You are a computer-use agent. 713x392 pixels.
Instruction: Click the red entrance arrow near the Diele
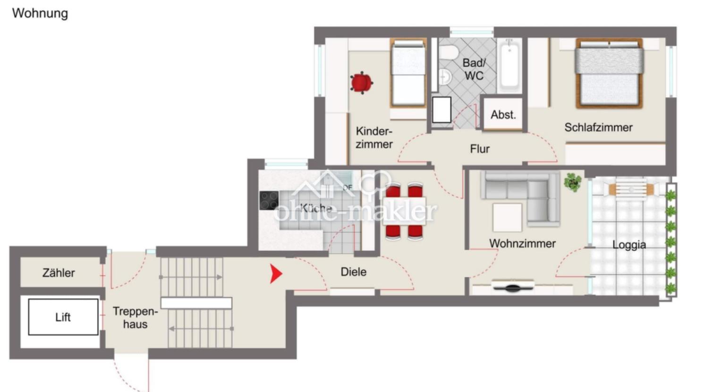click(276, 273)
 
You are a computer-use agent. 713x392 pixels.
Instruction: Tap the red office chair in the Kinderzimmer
click(362, 83)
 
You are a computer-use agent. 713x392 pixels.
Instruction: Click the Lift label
click(63, 317)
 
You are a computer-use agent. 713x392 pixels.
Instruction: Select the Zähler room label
click(59, 273)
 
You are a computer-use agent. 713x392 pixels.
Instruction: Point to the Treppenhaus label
click(135, 317)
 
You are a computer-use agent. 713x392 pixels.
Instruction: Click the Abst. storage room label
click(503, 115)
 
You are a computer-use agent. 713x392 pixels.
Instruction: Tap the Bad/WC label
click(474, 69)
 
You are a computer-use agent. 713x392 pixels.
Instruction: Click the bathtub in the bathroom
click(509, 66)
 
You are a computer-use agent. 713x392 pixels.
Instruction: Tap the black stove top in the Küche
click(269, 200)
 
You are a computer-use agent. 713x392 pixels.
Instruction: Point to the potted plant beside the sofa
click(572, 182)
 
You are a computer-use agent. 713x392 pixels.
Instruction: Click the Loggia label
click(629, 245)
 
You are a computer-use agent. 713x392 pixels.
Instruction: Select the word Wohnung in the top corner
click(40, 13)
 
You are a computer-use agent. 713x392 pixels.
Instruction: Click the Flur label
click(480, 149)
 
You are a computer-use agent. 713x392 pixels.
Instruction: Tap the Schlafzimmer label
click(598, 127)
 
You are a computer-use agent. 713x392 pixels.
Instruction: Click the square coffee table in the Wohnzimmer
click(507, 217)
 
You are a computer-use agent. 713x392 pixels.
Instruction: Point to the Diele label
click(353, 272)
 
